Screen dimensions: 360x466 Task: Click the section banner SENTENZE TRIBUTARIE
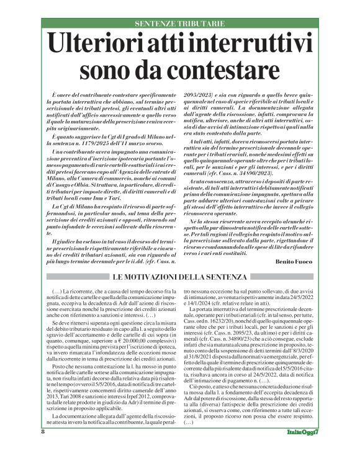pos(179,23)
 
